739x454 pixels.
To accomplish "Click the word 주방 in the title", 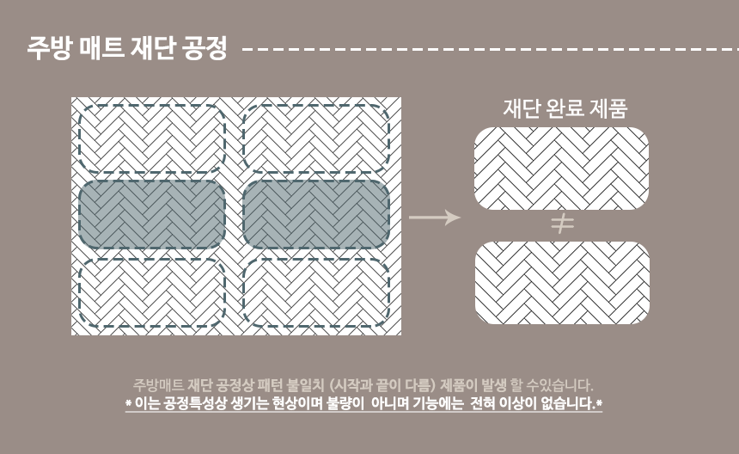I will pos(48,48).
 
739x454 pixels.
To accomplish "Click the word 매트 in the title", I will pos(100,48).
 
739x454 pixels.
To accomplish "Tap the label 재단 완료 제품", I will pos(565,108).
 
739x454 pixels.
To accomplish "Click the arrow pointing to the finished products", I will pos(435,218).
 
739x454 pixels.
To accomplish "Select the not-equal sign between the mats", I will pos(562,224).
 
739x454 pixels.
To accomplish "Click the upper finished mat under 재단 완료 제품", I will pos(561,168).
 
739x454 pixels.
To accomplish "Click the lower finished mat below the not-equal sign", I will pos(562,282).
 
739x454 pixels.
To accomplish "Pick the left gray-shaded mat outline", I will pos(152,215).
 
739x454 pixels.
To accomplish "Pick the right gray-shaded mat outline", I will pos(315,215).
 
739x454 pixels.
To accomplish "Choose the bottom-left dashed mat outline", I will pos(152,292).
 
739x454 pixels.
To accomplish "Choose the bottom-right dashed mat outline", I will pos(315,292).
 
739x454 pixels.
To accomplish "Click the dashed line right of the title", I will pos(490,49).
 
